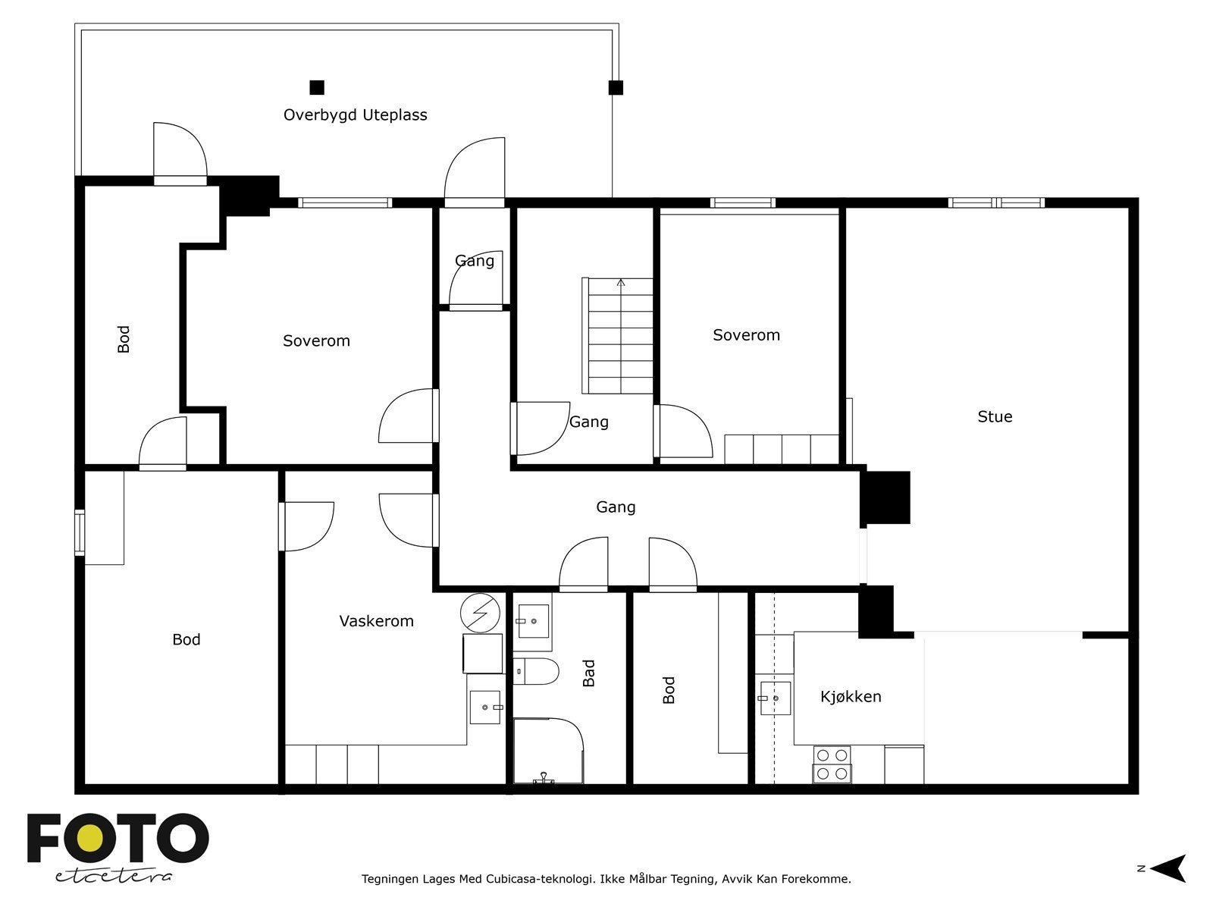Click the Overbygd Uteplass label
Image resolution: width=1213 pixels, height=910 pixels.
(x=356, y=115)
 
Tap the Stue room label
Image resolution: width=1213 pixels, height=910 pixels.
(x=995, y=416)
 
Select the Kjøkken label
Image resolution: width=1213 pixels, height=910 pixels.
(x=851, y=697)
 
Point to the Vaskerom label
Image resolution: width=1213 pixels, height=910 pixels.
(x=376, y=621)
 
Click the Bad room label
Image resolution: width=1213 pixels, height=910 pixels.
(x=589, y=673)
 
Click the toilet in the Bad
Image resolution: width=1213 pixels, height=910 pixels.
(x=535, y=671)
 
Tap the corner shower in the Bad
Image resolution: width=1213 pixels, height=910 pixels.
(x=548, y=750)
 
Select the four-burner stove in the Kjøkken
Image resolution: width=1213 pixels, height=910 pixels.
(x=832, y=764)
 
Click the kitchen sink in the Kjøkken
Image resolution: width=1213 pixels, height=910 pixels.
(x=775, y=698)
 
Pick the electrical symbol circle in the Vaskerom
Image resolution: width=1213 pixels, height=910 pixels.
(x=480, y=613)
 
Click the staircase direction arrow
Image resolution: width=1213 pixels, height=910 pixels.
(x=621, y=283)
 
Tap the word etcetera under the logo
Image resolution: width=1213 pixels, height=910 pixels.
(x=113, y=877)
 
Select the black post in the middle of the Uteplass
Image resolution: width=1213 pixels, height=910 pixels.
(x=317, y=87)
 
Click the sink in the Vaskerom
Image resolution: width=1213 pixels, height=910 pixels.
(x=485, y=708)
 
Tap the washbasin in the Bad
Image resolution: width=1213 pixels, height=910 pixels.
(x=533, y=621)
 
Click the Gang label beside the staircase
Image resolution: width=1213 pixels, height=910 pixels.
(x=589, y=422)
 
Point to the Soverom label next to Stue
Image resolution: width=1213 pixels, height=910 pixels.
(x=747, y=335)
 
